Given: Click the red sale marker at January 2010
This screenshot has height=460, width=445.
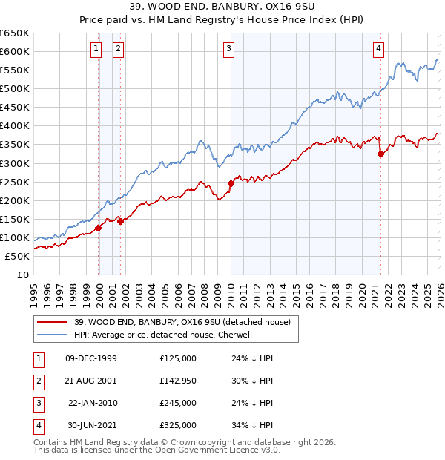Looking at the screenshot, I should (231, 183).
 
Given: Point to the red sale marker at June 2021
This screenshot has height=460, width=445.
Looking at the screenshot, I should (380, 154).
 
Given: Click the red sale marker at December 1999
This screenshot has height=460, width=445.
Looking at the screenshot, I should (99, 228).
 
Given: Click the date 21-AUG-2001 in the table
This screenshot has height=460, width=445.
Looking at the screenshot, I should (91, 381).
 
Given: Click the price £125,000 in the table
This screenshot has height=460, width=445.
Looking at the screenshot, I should (178, 358).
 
